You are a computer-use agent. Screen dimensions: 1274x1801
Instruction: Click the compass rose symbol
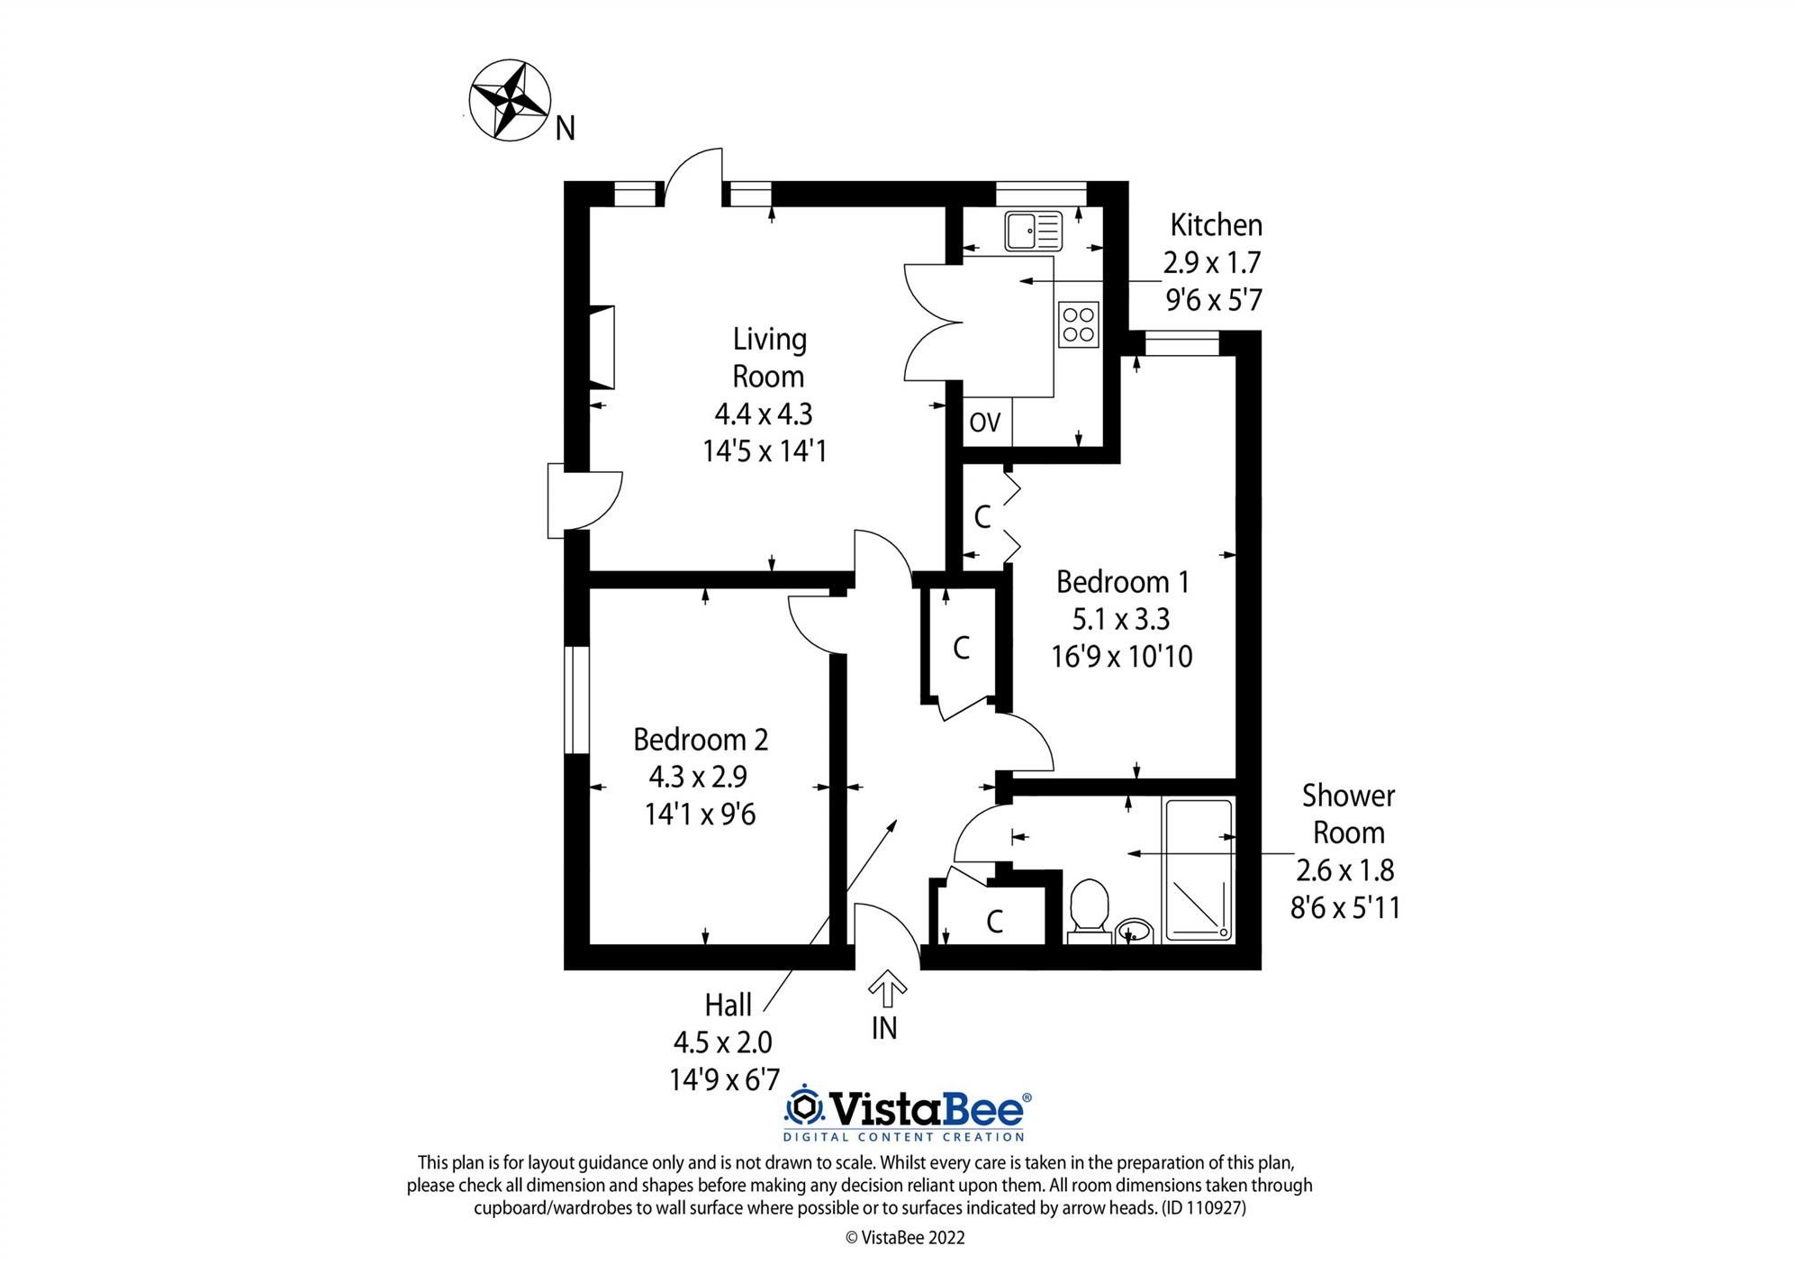(x=510, y=100)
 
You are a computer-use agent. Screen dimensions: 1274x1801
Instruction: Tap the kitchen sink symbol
(x=1034, y=230)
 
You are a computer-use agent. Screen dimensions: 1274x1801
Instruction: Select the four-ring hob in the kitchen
(x=1079, y=324)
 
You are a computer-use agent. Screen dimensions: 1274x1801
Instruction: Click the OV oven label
(x=985, y=422)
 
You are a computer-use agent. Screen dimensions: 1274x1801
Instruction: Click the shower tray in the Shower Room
(x=1199, y=870)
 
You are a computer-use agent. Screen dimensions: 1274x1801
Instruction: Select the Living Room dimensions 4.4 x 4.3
(x=764, y=414)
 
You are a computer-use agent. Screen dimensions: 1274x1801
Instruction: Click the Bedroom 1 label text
(x=1122, y=582)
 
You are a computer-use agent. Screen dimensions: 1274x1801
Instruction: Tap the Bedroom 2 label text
(x=701, y=740)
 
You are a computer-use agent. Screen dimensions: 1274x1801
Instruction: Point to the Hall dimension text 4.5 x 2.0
(x=723, y=1042)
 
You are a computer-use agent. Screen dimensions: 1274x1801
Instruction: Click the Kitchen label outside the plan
(x=1216, y=224)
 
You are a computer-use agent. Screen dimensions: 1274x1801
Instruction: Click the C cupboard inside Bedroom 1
(x=982, y=516)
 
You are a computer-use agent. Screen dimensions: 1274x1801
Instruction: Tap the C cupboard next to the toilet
(x=994, y=921)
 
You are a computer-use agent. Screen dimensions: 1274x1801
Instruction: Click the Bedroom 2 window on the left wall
(x=576, y=699)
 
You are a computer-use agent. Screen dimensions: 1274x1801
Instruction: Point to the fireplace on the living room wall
(x=602, y=348)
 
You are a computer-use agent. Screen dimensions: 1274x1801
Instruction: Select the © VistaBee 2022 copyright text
(x=905, y=1238)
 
